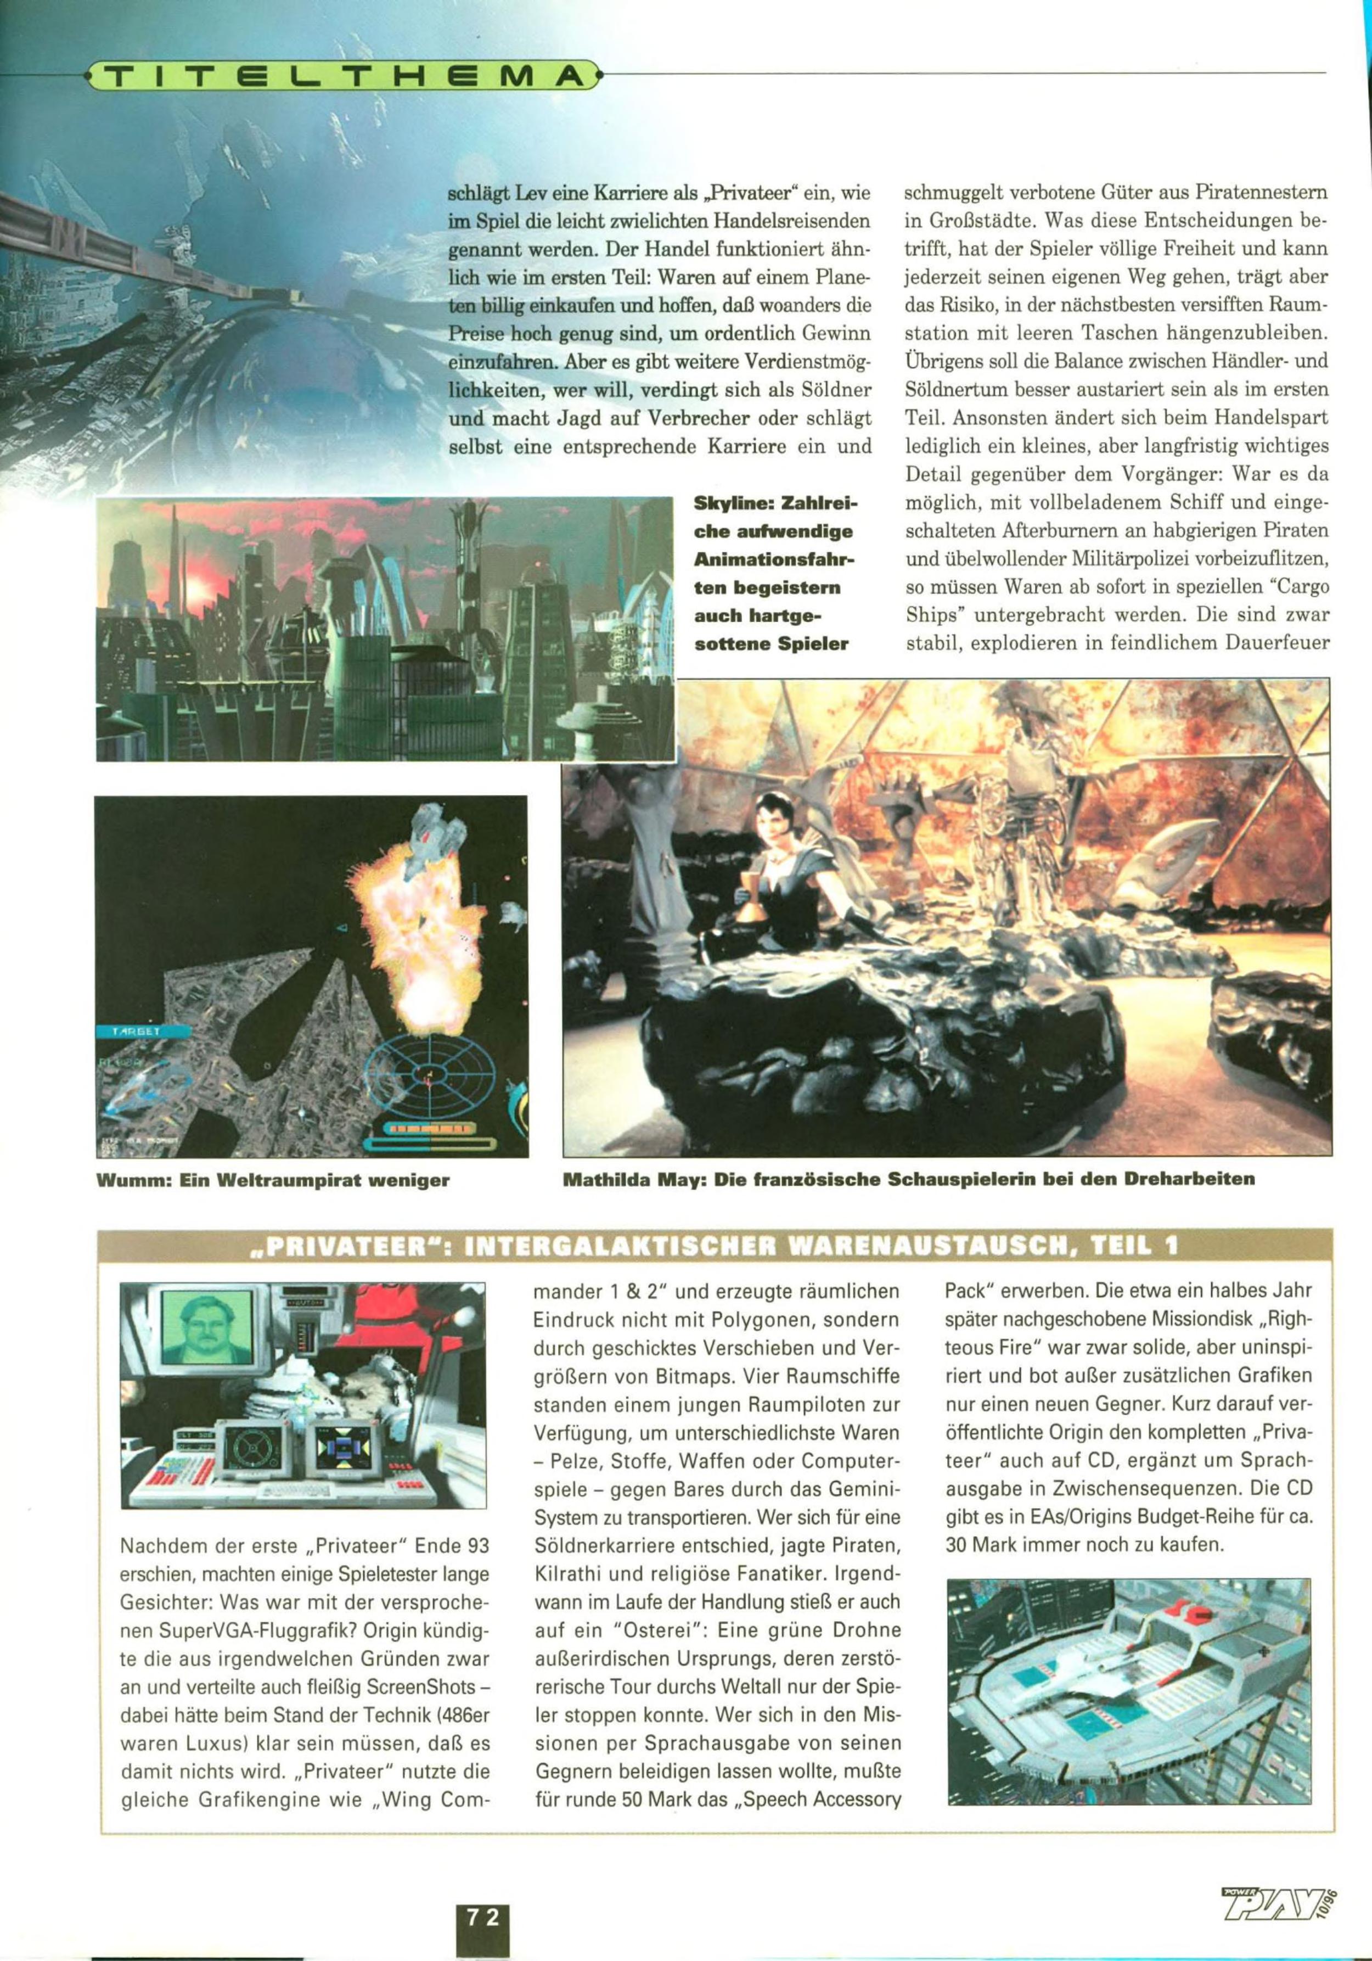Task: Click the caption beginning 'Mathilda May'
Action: [908, 1180]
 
